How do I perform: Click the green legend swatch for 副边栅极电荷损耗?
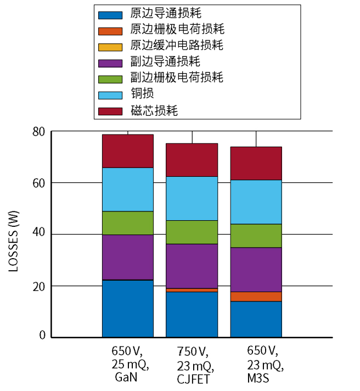(110, 78)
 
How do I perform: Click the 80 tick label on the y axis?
(39, 132)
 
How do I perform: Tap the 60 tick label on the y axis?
(39, 183)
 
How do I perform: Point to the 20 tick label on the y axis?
(39, 286)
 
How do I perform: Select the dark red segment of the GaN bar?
(128, 151)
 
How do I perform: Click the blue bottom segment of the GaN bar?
(128, 309)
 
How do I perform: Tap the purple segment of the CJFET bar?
(192, 266)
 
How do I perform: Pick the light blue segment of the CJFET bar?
(192, 198)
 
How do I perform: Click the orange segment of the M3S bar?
(256, 297)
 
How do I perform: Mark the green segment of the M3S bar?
(256, 236)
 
